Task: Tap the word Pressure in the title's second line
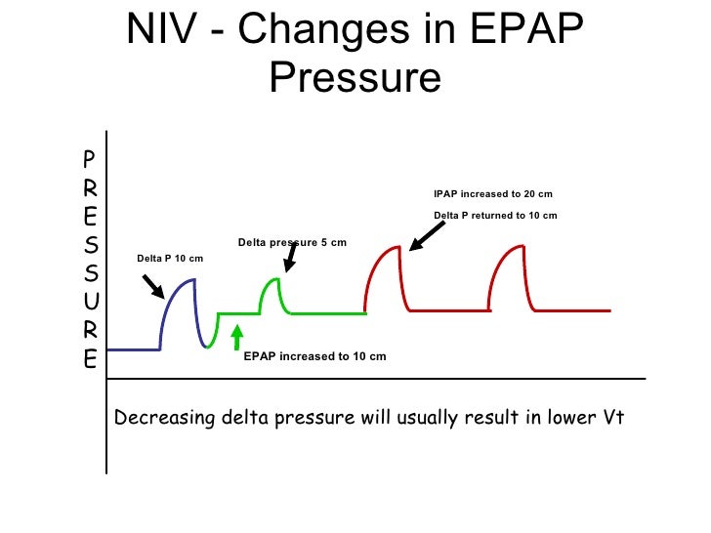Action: pyautogui.click(x=355, y=78)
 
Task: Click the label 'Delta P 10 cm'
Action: pyautogui.click(x=170, y=258)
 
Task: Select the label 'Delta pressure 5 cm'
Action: pyautogui.click(x=292, y=242)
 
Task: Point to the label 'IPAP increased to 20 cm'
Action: pyautogui.click(x=493, y=194)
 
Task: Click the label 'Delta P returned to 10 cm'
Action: pyautogui.click(x=495, y=216)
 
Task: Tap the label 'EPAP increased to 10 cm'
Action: pyautogui.click(x=314, y=356)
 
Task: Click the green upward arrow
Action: pyautogui.click(x=235, y=337)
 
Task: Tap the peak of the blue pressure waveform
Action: pyautogui.click(x=192, y=281)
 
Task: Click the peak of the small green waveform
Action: pyautogui.click(x=276, y=281)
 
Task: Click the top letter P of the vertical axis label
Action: pyautogui.click(x=89, y=157)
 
